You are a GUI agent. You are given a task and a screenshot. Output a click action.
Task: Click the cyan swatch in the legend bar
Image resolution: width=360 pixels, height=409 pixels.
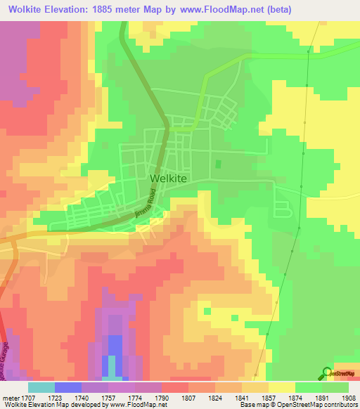coord(41,387)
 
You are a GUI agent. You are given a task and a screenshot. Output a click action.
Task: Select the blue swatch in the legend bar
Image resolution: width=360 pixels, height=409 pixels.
coord(67,387)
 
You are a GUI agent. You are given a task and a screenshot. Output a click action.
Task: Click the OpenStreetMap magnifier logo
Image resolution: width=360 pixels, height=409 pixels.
coord(326,373)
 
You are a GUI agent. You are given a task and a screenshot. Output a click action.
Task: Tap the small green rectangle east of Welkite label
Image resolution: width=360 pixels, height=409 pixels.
coord(217,164)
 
